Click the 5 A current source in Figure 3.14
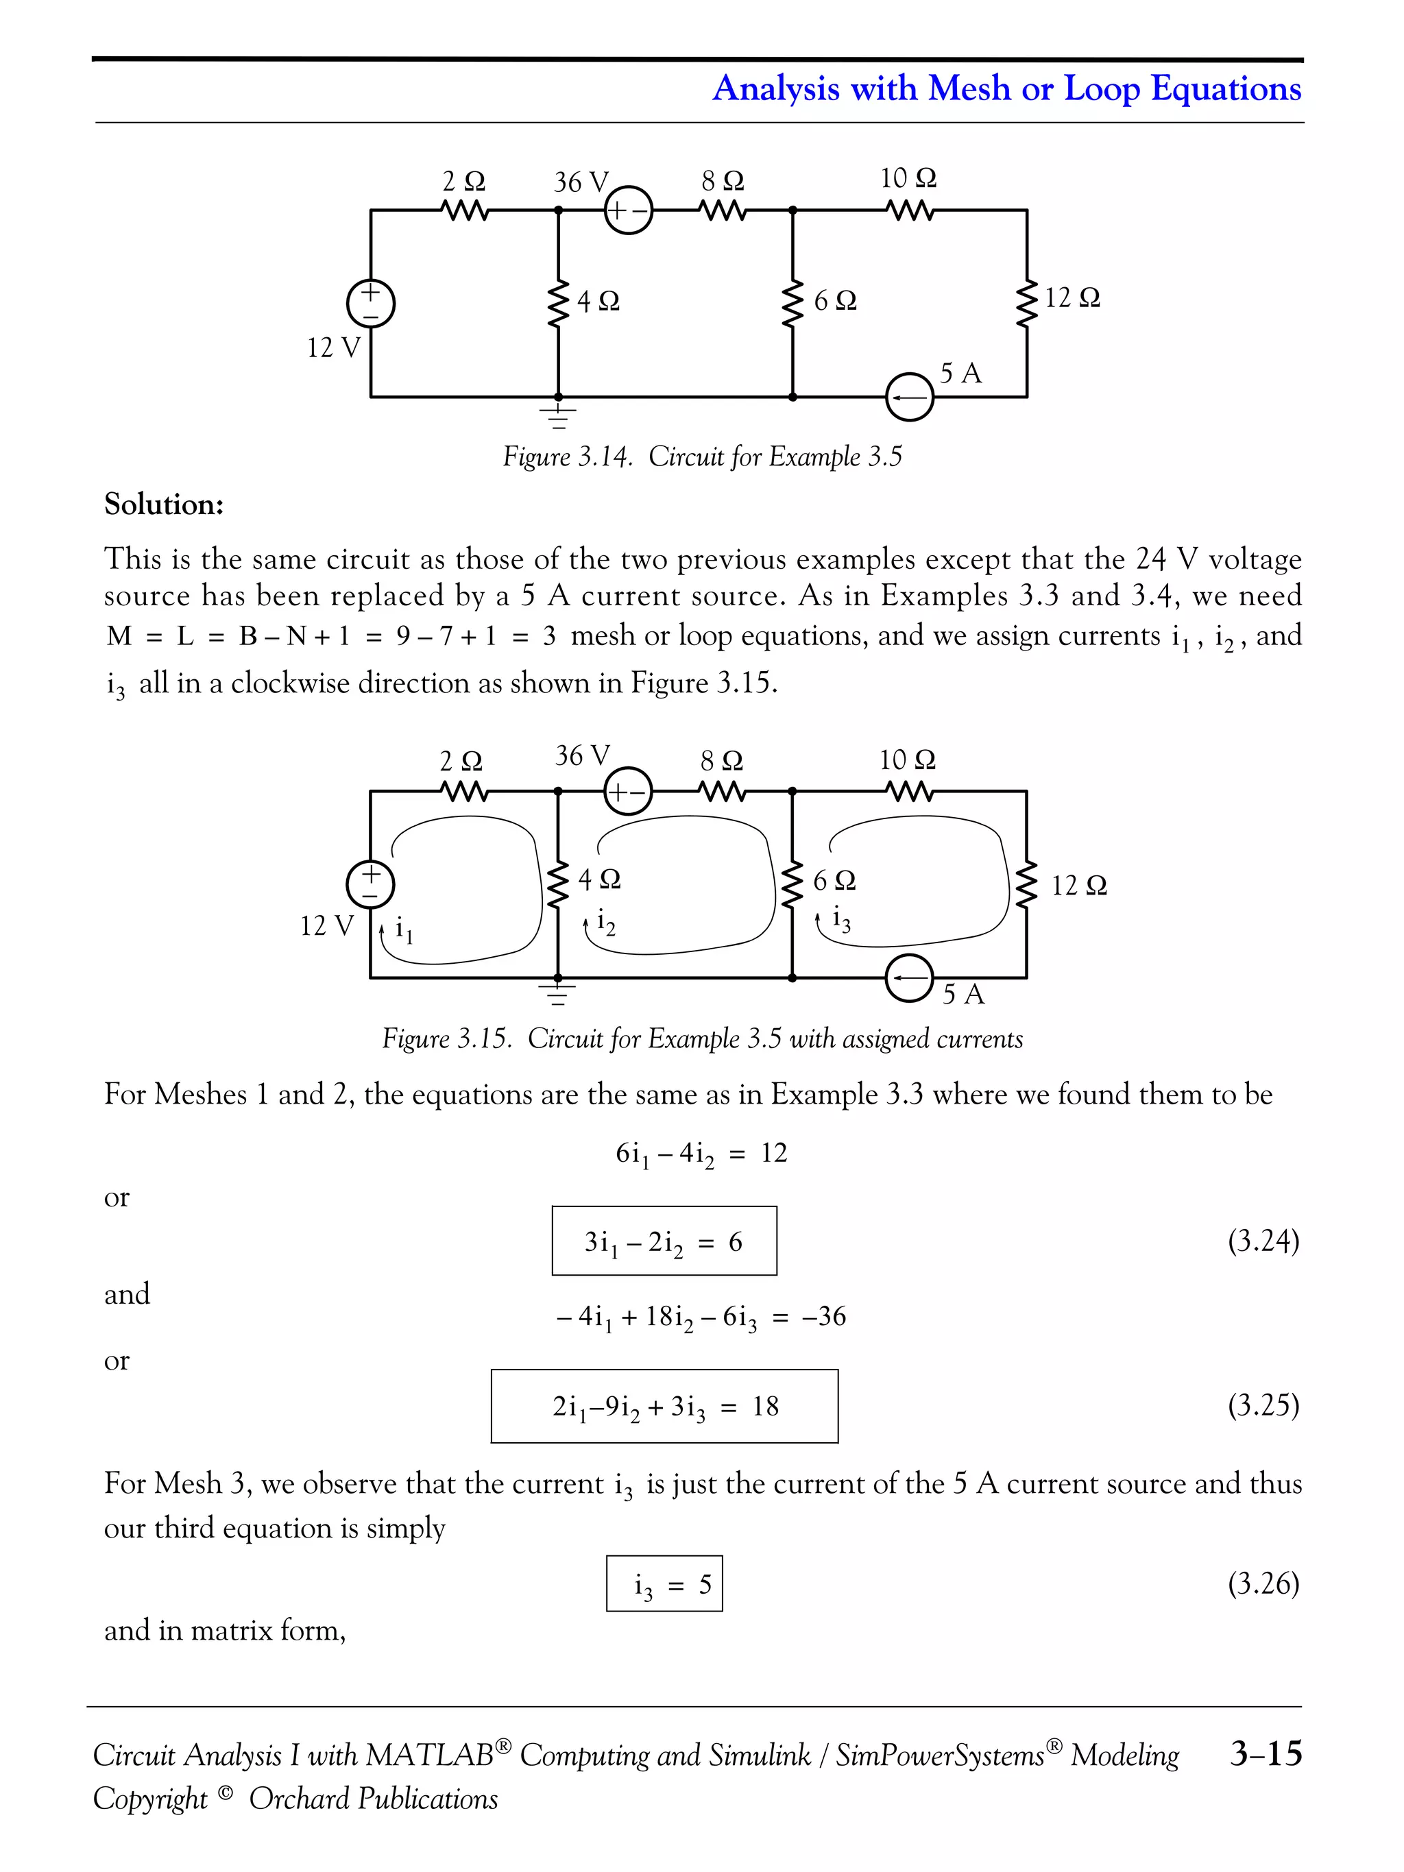[x=909, y=397]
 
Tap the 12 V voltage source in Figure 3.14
[x=371, y=303]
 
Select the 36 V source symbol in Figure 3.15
[x=628, y=791]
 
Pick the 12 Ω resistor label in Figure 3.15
[x=1079, y=885]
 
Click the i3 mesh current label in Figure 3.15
[x=841, y=919]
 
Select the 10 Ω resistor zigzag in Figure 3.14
[x=909, y=209]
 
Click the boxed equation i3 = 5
[x=664, y=1583]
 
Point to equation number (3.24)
[x=1263, y=1241]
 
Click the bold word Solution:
[x=164, y=505]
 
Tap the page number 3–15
[x=1266, y=1753]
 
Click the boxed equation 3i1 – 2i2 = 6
[x=664, y=1241]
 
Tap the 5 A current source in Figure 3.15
[x=909, y=978]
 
